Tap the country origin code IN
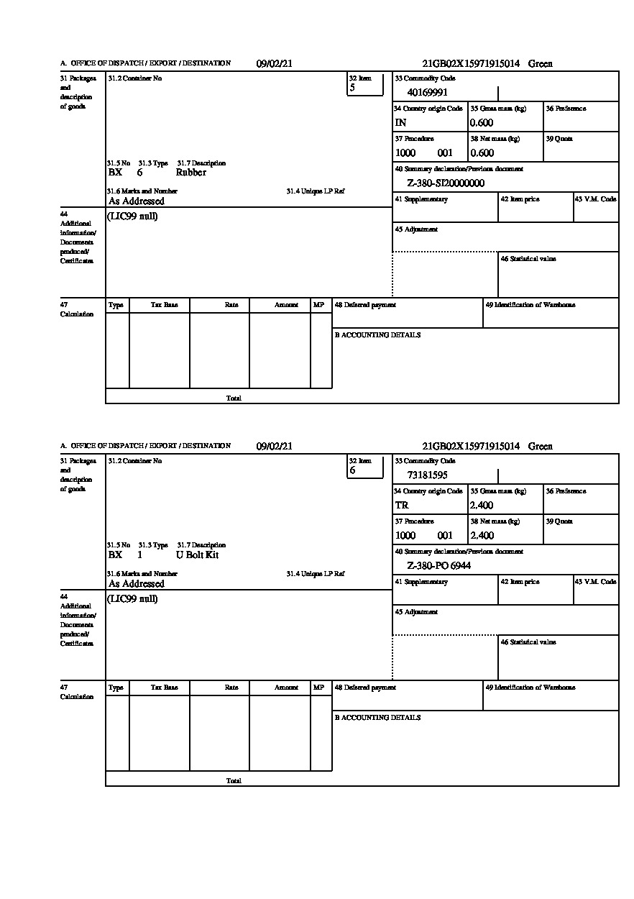point(400,122)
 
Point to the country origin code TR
point(401,505)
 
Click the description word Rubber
point(190,173)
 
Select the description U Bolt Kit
point(197,555)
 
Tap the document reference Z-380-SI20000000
point(446,183)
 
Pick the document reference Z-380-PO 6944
point(438,565)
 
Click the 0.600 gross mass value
point(482,122)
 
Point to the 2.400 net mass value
point(482,535)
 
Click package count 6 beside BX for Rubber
point(139,173)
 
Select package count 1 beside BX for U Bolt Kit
point(139,555)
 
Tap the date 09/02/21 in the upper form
point(275,63)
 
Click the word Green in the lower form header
point(541,446)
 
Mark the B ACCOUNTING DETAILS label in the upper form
point(377,335)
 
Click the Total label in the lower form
point(234,780)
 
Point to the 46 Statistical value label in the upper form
point(528,259)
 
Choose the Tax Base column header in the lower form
point(164,688)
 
